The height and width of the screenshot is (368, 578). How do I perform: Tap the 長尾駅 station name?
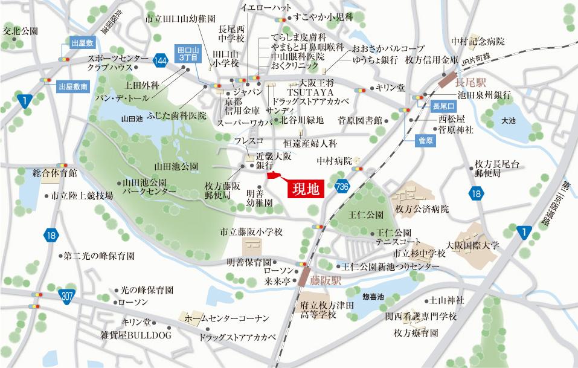click(475, 80)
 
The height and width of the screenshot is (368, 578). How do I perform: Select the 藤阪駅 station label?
click(326, 280)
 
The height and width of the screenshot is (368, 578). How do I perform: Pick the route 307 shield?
click(68, 295)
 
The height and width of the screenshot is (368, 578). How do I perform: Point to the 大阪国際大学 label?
click(473, 245)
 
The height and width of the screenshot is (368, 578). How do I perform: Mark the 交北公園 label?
click(21, 30)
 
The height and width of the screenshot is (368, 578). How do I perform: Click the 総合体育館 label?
click(55, 173)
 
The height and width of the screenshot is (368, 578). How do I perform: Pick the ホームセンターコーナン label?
click(226, 318)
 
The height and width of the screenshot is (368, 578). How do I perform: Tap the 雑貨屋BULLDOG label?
click(136, 335)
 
